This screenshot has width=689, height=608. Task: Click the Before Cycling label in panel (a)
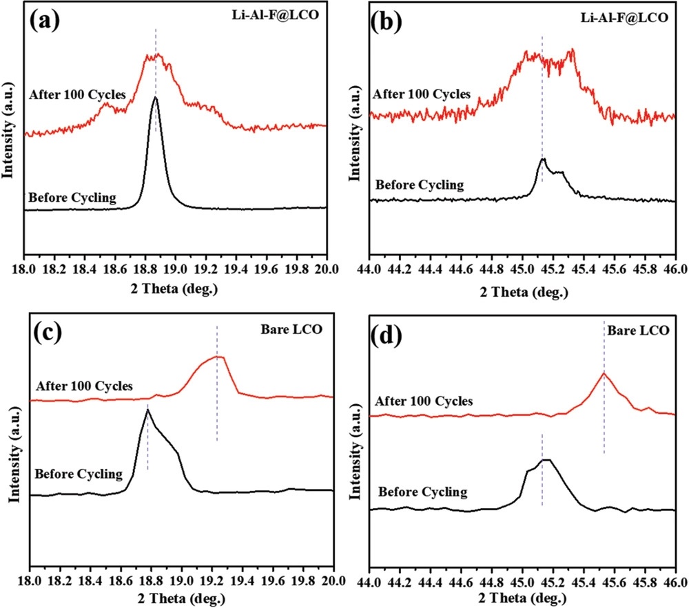(72, 199)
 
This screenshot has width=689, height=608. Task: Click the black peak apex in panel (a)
(155, 98)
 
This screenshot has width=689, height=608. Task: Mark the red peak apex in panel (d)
(604, 373)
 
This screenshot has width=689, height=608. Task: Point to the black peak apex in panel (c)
(147, 410)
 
